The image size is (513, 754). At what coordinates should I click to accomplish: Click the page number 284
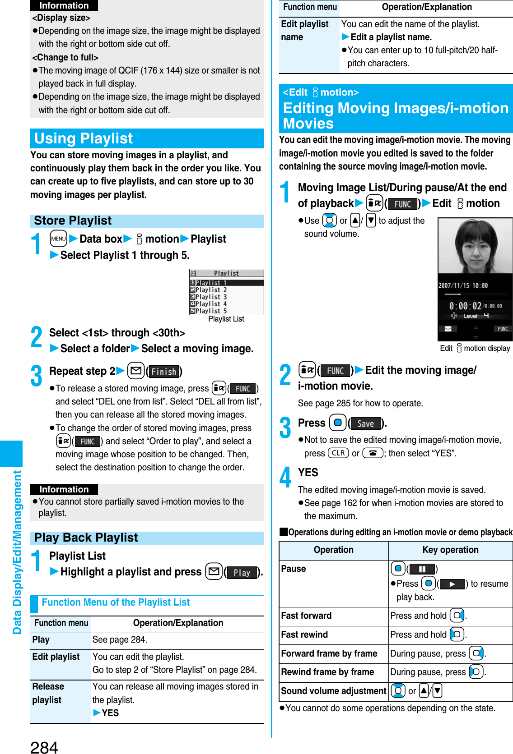click(x=44, y=746)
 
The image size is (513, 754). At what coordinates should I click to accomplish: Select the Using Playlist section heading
click(x=84, y=138)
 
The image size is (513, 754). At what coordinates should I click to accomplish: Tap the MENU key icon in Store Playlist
click(x=59, y=239)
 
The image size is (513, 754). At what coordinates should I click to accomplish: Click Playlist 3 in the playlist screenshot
click(x=211, y=297)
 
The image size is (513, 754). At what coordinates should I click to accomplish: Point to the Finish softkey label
click(x=163, y=372)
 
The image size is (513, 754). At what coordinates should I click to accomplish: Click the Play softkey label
click(x=242, y=573)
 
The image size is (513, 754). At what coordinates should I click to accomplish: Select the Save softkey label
click(x=365, y=423)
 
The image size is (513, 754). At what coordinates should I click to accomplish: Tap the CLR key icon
click(x=338, y=453)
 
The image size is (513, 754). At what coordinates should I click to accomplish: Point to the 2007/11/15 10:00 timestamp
click(x=463, y=285)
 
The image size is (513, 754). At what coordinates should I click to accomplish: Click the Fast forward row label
click(x=306, y=616)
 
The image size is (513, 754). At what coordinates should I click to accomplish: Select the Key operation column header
click(x=450, y=550)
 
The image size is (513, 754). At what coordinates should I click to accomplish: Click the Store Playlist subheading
click(x=73, y=221)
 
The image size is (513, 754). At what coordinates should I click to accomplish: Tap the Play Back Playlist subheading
click(x=86, y=538)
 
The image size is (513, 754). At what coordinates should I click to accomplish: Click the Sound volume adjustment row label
click(x=333, y=691)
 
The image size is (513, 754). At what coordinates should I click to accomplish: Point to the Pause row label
click(x=294, y=569)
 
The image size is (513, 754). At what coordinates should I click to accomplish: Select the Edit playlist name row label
click(x=304, y=30)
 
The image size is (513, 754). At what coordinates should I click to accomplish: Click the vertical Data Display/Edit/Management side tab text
click(x=17, y=552)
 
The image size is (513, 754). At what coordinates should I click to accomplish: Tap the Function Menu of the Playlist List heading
click(x=116, y=602)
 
